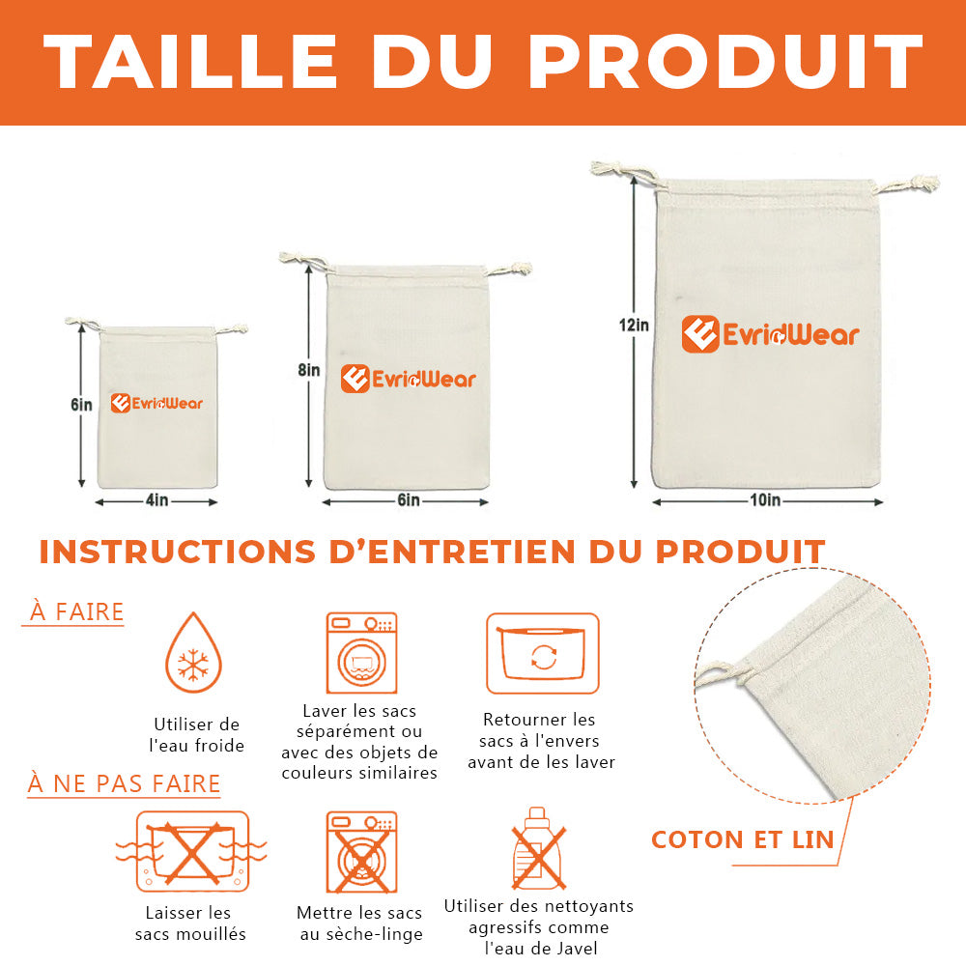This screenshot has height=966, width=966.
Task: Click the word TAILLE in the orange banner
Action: [x=190, y=62]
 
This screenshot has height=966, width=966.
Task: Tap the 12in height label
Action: [x=634, y=325]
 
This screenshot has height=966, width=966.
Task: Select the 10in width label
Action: [x=765, y=499]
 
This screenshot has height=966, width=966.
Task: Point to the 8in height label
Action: [x=309, y=370]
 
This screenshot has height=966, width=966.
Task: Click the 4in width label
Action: [x=157, y=499]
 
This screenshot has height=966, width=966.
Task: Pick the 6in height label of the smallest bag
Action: [x=81, y=405]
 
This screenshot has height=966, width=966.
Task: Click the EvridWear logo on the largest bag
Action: [x=770, y=334]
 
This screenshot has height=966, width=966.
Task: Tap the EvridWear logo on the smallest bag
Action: [x=156, y=404]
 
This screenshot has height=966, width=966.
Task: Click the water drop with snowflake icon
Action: [x=193, y=652]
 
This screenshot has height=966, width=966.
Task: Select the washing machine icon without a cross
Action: [x=361, y=653]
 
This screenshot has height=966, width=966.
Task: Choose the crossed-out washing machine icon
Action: [x=361, y=853]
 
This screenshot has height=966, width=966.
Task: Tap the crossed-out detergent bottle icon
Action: [x=538, y=848]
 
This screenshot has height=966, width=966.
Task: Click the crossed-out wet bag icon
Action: [x=192, y=852]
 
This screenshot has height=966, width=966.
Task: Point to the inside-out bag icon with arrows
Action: [x=543, y=653]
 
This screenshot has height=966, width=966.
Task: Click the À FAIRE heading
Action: [x=76, y=611]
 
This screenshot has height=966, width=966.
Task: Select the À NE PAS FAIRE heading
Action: [x=124, y=783]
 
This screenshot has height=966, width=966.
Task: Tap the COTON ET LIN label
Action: [x=742, y=839]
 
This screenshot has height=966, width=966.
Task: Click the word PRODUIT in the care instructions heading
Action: [x=741, y=552]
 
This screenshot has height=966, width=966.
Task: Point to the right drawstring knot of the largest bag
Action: [x=920, y=183]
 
